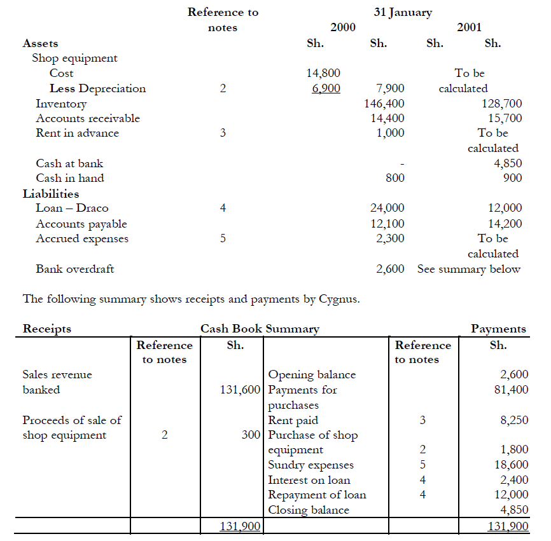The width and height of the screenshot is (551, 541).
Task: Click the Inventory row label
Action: (x=61, y=103)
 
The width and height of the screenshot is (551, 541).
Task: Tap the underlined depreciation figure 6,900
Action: (x=326, y=88)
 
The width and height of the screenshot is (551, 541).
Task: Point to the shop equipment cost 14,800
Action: (x=324, y=73)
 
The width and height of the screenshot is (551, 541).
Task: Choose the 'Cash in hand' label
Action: (x=70, y=178)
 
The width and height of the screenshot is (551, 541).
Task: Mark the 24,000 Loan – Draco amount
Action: (x=387, y=208)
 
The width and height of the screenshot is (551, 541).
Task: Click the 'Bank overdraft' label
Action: (x=75, y=269)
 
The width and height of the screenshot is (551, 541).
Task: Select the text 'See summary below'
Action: (x=469, y=269)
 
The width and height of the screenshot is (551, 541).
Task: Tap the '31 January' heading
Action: (x=403, y=12)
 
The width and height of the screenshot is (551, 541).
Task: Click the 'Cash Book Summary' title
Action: (x=260, y=329)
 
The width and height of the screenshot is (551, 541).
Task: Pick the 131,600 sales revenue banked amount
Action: (x=241, y=390)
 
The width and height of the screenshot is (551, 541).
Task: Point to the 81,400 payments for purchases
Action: (x=512, y=390)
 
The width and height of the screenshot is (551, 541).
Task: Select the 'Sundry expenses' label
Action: (x=311, y=465)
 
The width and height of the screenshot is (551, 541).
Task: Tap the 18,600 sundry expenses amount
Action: (x=512, y=465)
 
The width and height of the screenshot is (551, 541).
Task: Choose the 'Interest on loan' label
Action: (x=309, y=480)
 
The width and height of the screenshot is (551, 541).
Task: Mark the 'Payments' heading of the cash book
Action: (x=498, y=329)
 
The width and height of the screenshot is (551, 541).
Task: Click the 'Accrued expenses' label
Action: (x=82, y=239)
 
